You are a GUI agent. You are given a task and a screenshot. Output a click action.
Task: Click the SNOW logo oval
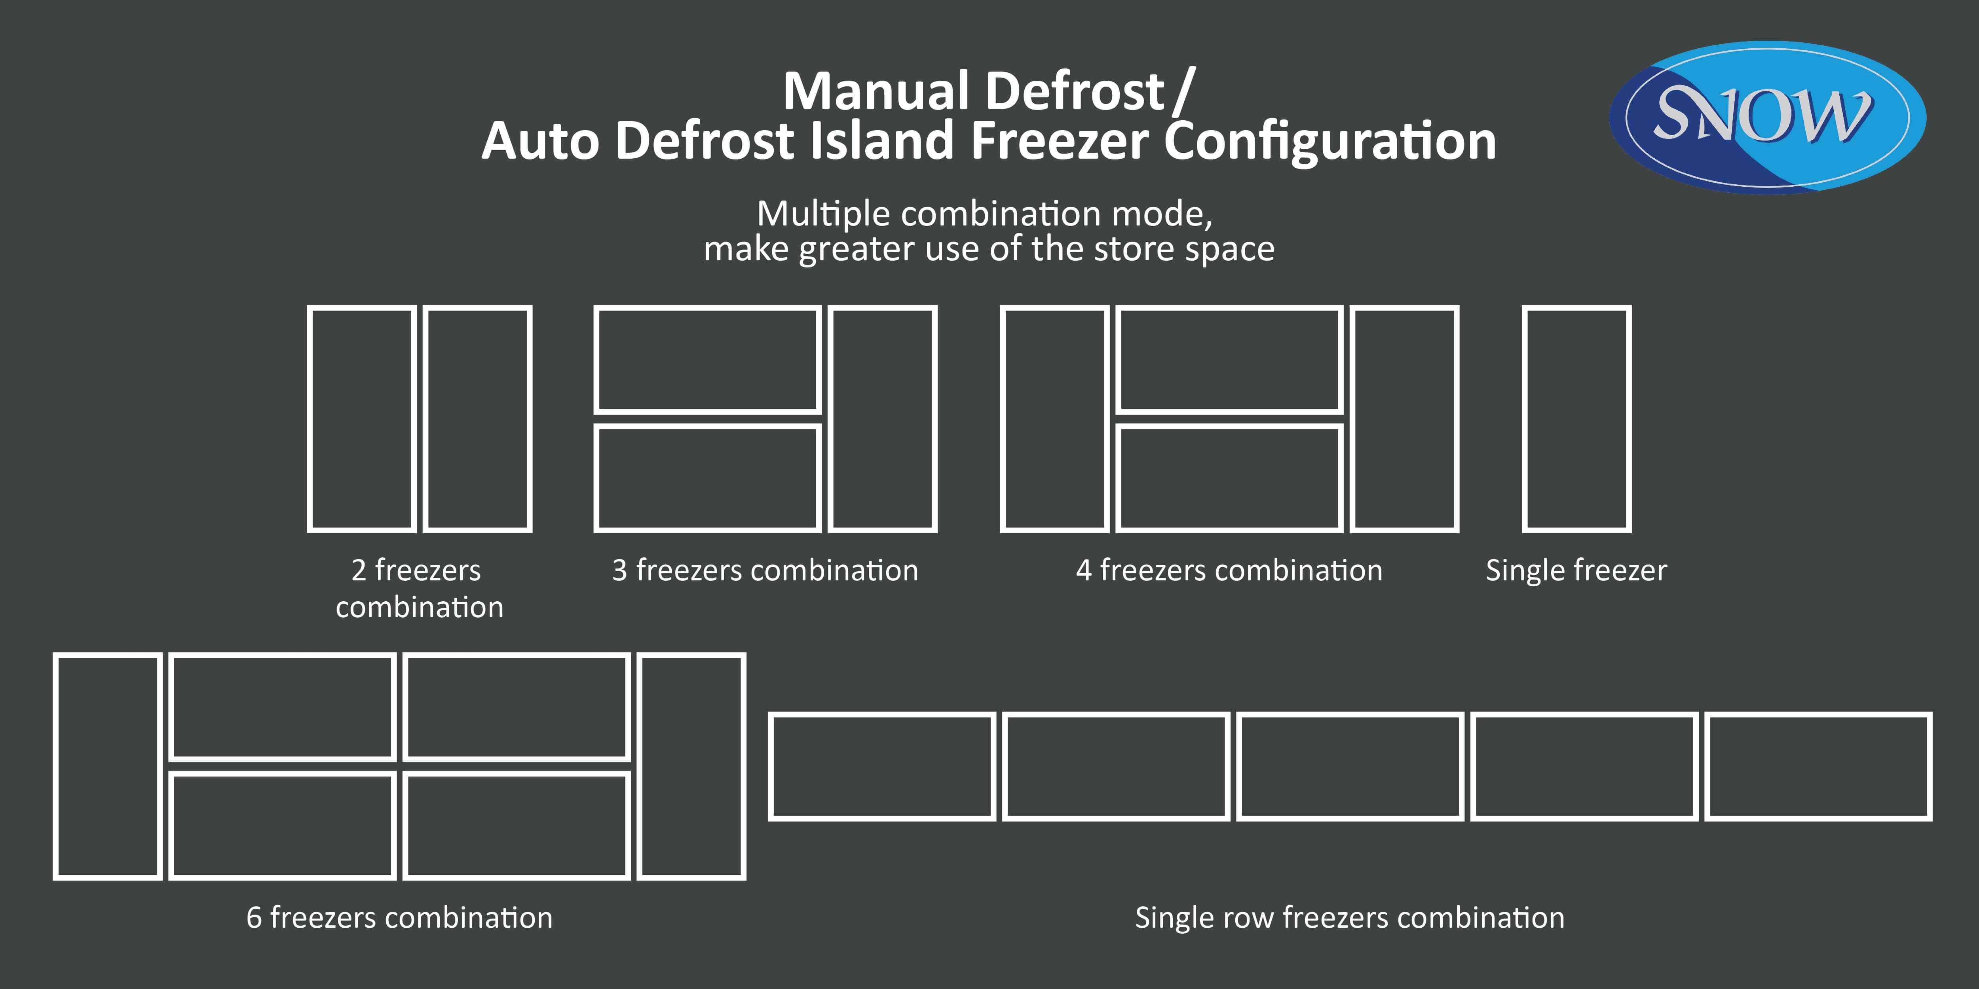(x=1767, y=117)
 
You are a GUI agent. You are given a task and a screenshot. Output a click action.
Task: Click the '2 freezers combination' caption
(x=419, y=588)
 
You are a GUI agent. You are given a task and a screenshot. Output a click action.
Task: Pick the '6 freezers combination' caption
(x=399, y=917)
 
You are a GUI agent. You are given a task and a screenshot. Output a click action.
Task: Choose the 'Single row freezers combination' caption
(x=1350, y=917)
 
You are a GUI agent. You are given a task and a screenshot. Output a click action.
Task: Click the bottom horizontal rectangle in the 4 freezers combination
(x=1229, y=477)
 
